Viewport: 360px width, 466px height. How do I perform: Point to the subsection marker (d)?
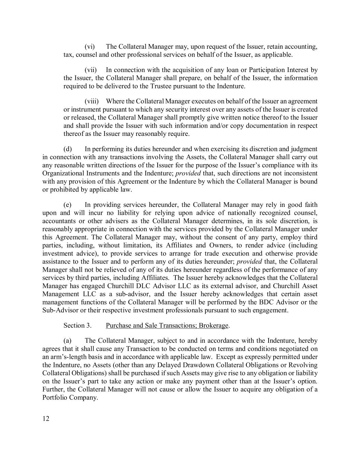[x=68, y=149]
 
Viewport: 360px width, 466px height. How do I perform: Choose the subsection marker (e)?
[x=68, y=205]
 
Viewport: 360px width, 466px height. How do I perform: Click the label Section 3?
[x=77, y=325]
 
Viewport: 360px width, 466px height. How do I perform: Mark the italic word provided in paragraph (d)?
[x=188, y=173]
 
